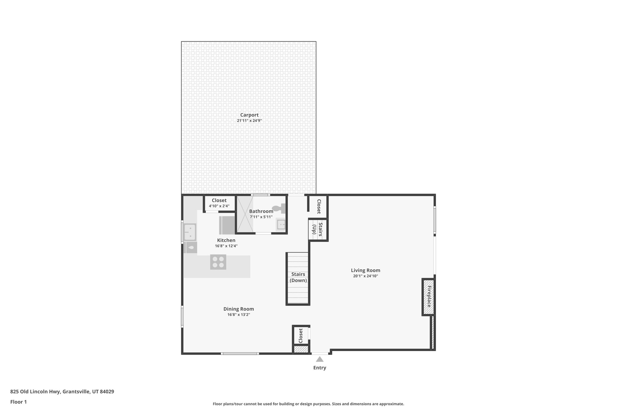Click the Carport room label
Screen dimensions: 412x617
tap(249, 115)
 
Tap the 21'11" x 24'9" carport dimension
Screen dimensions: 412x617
tap(249, 121)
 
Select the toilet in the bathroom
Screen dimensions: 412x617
tap(279, 208)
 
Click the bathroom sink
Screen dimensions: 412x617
tap(281, 225)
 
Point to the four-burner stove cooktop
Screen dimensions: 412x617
tap(218, 262)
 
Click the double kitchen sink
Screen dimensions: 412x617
tap(190, 232)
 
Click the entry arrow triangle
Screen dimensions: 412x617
tap(320, 359)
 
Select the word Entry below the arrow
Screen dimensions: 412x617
tap(320, 368)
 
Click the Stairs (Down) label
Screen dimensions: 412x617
tap(298, 277)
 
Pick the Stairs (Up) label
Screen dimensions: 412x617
tap(317, 229)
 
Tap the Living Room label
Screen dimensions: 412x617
tap(365, 270)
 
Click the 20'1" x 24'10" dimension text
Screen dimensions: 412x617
tap(365, 276)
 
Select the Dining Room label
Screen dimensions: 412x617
tap(239, 309)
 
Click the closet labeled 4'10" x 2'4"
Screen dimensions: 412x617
tap(219, 203)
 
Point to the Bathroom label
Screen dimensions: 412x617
tap(261, 211)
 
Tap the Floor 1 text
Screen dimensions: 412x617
tap(18, 402)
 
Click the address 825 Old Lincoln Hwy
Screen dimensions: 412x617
tap(62, 391)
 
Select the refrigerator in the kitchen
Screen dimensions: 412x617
tap(227, 225)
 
